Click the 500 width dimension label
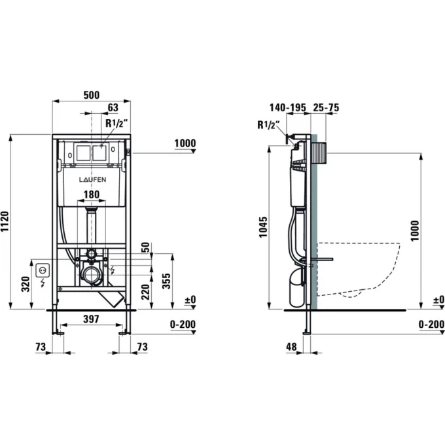pyautogui.click(x=92, y=95)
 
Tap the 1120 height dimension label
pyautogui.click(x=5, y=222)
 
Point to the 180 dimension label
pyautogui.click(x=92, y=195)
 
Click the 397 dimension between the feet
pyautogui.click(x=92, y=319)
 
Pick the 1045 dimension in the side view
pyautogui.click(x=263, y=227)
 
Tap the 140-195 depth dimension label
pyautogui.click(x=288, y=107)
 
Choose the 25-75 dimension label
pyautogui.click(x=326, y=107)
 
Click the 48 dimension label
pyautogui.click(x=291, y=347)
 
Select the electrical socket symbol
pyautogui.click(x=43, y=270)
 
